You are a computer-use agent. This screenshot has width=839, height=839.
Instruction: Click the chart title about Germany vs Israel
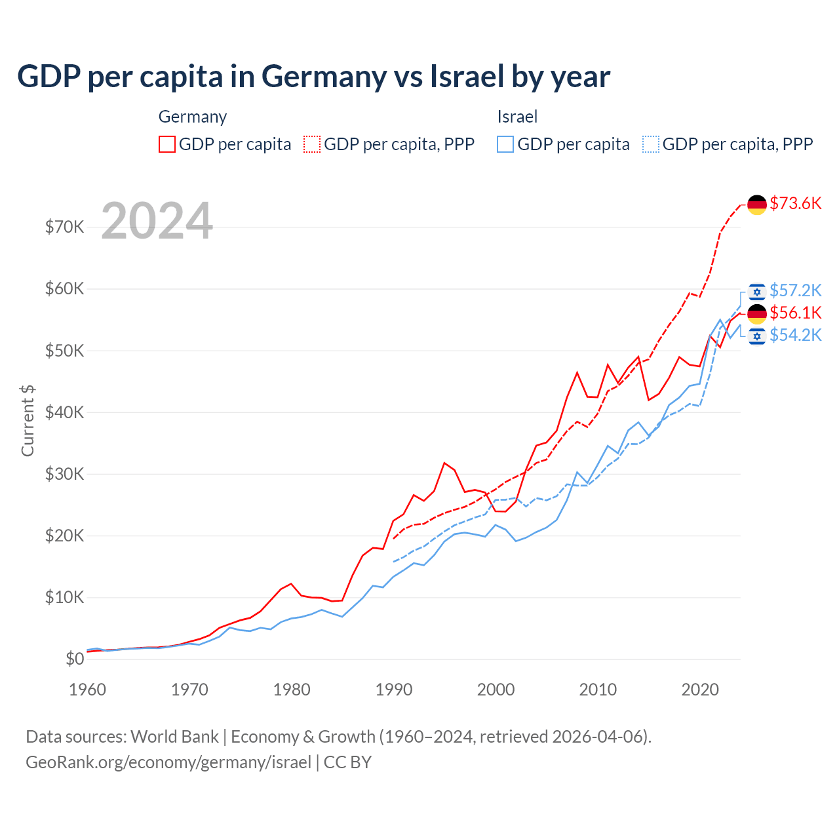313,77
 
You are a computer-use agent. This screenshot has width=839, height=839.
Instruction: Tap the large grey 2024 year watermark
157,221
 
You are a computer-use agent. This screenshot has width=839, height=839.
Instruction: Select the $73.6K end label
795,203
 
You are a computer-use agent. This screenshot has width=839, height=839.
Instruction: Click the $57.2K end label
795,290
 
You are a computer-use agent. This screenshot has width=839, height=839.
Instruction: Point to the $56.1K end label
795,313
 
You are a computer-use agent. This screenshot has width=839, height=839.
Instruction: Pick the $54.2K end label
795,335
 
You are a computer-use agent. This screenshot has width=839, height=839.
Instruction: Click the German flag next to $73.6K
757,205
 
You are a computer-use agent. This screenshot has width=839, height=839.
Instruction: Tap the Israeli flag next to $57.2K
757,291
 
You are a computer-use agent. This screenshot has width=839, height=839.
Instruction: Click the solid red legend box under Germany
167,144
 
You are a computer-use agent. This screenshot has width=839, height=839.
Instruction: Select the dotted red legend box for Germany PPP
312,144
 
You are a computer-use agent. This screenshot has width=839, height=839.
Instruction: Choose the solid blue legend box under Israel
505,144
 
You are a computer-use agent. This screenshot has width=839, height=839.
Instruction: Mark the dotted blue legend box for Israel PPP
651,144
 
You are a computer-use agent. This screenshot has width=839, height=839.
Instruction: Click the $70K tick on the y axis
64,227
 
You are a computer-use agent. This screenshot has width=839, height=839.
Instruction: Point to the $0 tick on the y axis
75,659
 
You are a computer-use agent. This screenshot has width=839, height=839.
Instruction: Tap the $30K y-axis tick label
64,474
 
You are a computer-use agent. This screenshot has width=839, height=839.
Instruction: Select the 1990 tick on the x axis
394,690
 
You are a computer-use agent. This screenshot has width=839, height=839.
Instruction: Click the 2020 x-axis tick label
700,690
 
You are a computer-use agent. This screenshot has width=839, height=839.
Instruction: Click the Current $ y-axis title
28,421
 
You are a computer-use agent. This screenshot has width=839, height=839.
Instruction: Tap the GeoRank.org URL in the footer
168,762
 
